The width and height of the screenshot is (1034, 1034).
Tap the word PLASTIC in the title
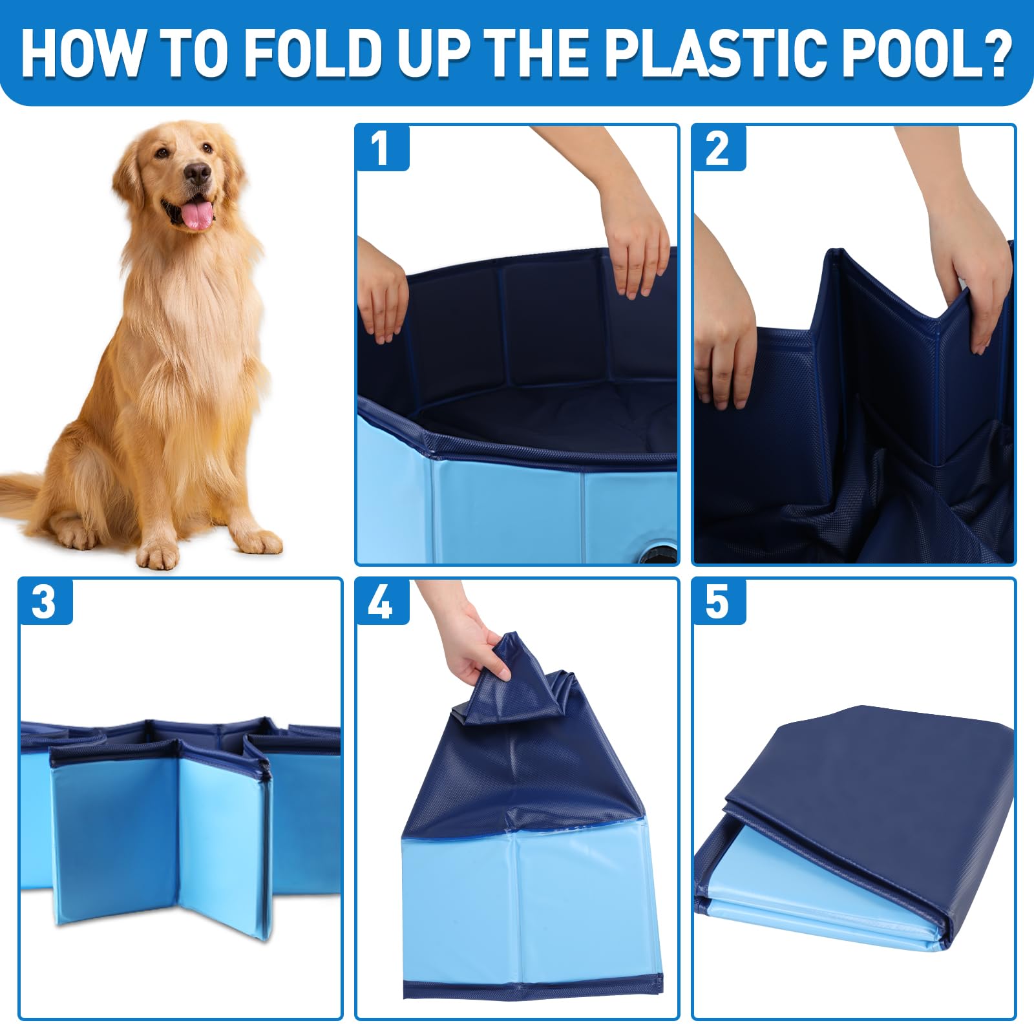coord(693,53)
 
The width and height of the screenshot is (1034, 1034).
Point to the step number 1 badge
coord(381,148)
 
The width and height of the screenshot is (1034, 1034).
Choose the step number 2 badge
coord(719,148)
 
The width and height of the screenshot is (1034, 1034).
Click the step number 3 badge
coord(45,602)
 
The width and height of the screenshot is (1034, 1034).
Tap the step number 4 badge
coord(381,602)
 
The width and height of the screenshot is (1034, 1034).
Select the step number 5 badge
coord(719,602)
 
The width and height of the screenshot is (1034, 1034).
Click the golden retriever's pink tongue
coord(197,215)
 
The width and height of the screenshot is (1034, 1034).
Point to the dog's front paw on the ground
coord(158,551)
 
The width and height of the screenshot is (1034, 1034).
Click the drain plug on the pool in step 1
coord(659,553)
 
